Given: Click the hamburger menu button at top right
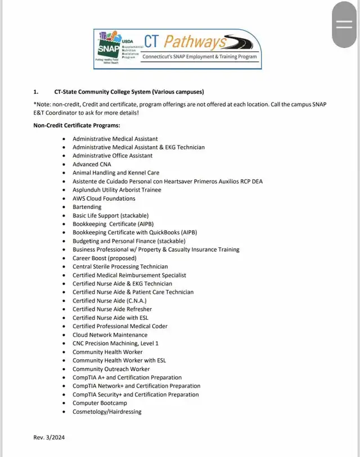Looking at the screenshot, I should click(x=343, y=24).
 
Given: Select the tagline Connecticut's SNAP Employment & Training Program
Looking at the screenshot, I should click(x=199, y=57).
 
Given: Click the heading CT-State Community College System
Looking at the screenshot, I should click(x=129, y=92).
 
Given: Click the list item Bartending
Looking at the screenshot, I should click(x=87, y=207).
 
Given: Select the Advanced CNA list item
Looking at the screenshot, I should click(x=92, y=164).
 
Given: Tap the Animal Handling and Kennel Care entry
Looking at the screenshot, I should click(x=116, y=173).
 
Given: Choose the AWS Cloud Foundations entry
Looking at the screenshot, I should click(x=104, y=198).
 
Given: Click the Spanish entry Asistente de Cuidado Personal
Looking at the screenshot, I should click(x=168, y=181).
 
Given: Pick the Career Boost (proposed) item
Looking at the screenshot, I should click(x=104, y=258).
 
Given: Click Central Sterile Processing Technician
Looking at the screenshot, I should click(x=120, y=266).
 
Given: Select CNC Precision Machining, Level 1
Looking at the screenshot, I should click(x=115, y=343).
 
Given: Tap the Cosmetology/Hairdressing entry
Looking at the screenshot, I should click(x=107, y=411).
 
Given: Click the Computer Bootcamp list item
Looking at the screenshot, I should click(x=100, y=403).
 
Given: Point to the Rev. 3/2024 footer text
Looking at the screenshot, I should click(x=49, y=437).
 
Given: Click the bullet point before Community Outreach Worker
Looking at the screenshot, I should click(x=65, y=369).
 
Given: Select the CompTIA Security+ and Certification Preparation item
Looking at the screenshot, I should click(x=136, y=395).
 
